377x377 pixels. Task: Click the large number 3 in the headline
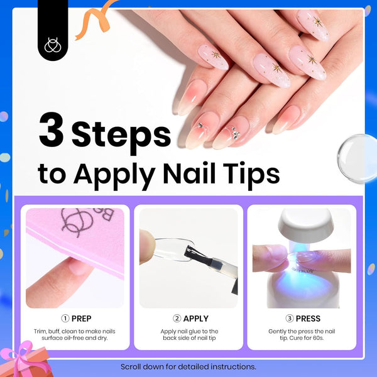pos(52,129)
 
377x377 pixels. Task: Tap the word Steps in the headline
pos(121,136)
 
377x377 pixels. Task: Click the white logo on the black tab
pos(53,45)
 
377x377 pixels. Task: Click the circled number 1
pos(65,319)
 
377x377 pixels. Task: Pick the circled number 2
pos(177,319)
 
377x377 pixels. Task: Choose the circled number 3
pos(290,319)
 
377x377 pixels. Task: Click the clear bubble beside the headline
pos(358,159)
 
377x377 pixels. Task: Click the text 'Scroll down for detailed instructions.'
pos(188,367)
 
